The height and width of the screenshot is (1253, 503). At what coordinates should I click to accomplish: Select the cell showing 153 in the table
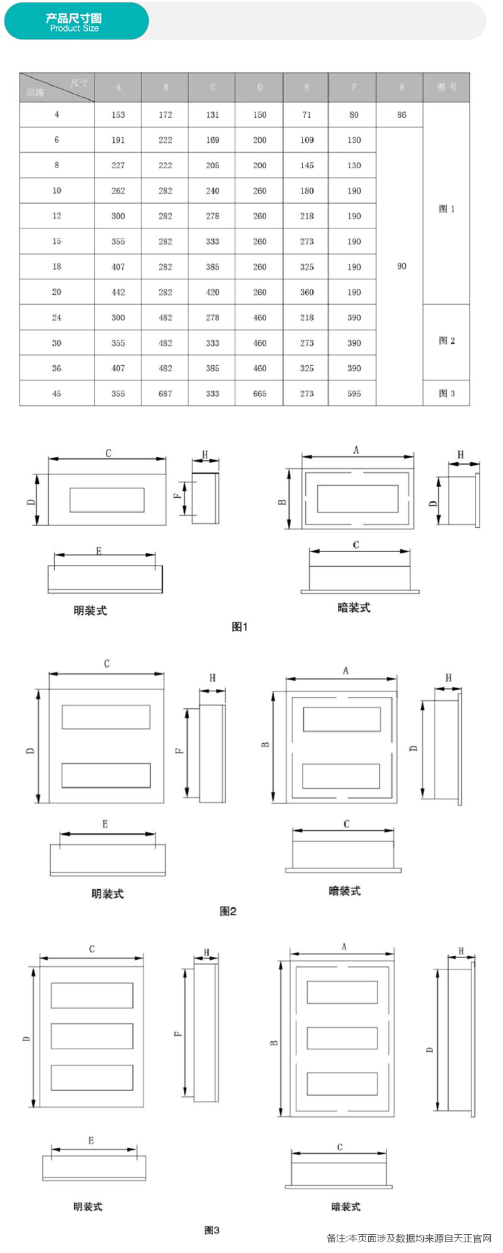click(x=118, y=115)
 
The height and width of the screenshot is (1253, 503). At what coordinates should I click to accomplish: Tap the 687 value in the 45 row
click(x=165, y=393)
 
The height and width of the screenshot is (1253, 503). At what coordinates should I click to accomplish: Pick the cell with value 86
click(x=401, y=115)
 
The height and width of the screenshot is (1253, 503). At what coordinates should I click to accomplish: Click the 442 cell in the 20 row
click(x=118, y=292)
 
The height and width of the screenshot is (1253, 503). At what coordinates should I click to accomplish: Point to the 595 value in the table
click(x=354, y=393)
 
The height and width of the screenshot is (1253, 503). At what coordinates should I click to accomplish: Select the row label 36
click(x=56, y=368)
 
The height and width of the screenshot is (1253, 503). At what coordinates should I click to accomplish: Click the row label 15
click(x=56, y=241)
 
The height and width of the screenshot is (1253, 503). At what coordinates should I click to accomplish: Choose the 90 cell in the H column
click(x=401, y=266)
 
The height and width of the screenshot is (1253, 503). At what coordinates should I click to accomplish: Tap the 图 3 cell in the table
click(x=447, y=393)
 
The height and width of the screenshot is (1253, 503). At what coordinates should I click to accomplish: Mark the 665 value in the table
click(x=260, y=393)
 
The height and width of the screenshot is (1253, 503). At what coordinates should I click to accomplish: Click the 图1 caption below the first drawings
click(x=239, y=626)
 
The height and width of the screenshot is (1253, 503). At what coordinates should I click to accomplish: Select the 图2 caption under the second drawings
click(x=228, y=911)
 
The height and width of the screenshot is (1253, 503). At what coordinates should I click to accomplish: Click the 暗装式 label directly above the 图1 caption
click(x=353, y=608)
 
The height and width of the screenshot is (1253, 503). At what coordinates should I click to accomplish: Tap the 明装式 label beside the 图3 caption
click(x=88, y=1206)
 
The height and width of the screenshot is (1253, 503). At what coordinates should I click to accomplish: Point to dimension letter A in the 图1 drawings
click(x=356, y=450)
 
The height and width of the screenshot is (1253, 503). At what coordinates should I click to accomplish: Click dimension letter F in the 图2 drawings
click(x=180, y=750)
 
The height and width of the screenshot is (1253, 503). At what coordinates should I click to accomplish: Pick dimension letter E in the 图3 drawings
click(x=91, y=1140)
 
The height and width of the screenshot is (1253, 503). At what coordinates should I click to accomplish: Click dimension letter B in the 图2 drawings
click(x=266, y=744)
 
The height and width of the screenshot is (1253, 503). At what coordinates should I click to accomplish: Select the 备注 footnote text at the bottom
click(x=409, y=1238)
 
